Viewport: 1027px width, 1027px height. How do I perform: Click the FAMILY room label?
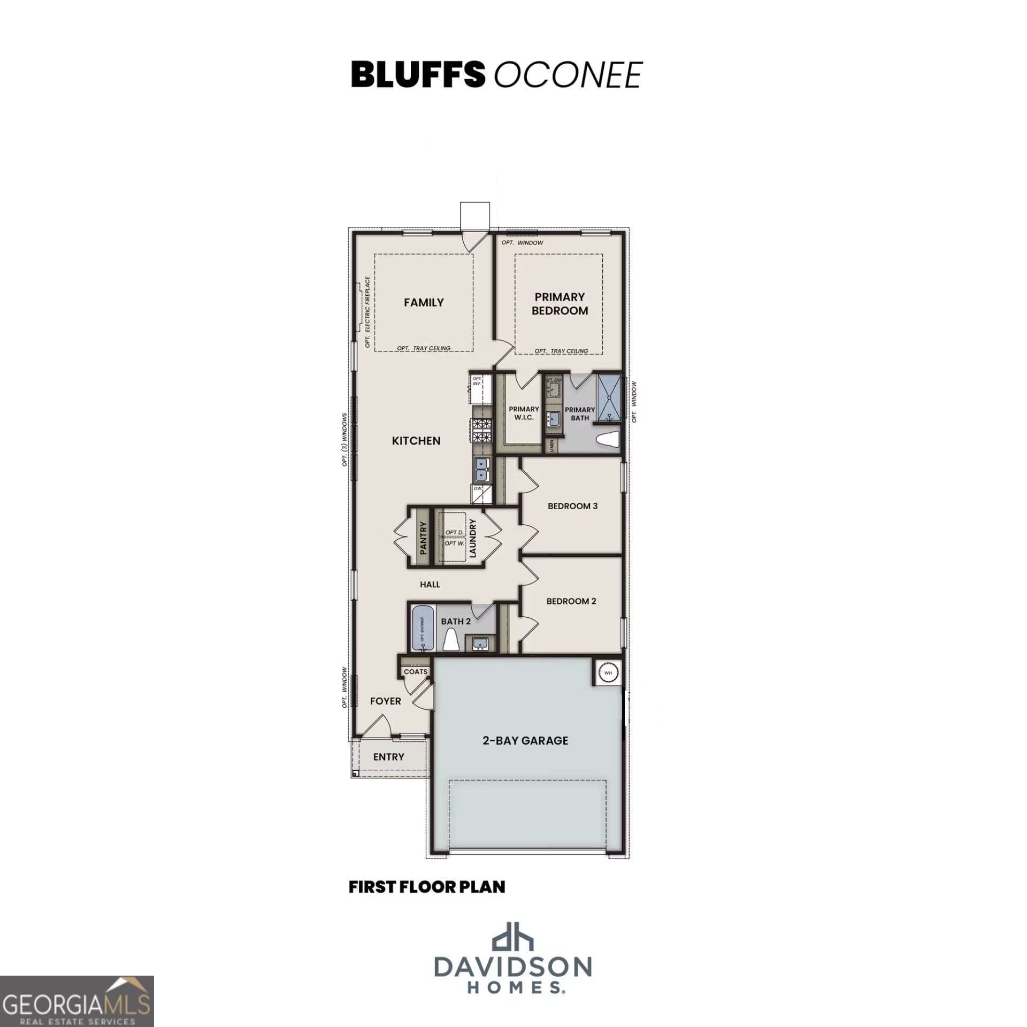(424, 303)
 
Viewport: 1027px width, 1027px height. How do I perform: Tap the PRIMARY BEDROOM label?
(560, 304)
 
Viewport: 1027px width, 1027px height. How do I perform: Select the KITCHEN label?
(416, 441)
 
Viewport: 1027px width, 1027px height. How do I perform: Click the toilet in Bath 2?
(451, 640)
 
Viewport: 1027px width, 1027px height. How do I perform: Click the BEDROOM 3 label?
(572, 506)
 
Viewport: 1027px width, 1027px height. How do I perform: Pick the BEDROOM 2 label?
(571, 601)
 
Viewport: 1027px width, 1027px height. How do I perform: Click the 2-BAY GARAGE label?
(525, 741)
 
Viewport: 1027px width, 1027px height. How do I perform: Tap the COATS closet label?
(416, 672)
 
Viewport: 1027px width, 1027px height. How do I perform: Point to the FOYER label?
(386, 701)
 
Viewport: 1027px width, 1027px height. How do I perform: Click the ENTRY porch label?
(389, 757)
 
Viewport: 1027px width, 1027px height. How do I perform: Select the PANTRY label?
(423, 538)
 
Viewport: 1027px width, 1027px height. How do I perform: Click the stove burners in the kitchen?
(482, 431)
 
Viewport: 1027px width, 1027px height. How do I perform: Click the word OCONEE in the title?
(567, 75)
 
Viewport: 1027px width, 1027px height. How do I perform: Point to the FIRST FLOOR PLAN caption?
(427, 886)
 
